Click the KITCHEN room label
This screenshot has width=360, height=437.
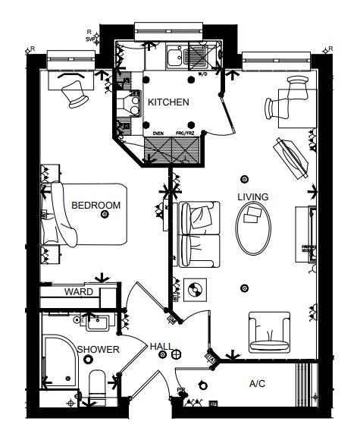click(x=168, y=102)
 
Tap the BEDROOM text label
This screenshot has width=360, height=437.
click(x=96, y=205)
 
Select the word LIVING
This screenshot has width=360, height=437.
click(x=252, y=197)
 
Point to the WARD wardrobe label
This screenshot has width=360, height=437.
click(x=79, y=291)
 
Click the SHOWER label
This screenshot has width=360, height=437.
click(x=99, y=350)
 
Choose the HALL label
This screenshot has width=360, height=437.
click(x=160, y=346)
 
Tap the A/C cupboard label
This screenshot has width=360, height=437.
click(x=257, y=384)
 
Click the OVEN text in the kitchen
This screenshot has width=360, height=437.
click(x=158, y=133)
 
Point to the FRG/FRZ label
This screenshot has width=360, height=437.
click(x=186, y=133)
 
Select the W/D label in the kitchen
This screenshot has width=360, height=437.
click(x=202, y=76)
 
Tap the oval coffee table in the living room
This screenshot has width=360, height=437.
click(x=252, y=228)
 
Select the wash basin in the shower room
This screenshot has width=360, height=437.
click(x=97, y=323)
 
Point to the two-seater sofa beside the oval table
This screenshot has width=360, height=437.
click(x=199, y=234)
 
